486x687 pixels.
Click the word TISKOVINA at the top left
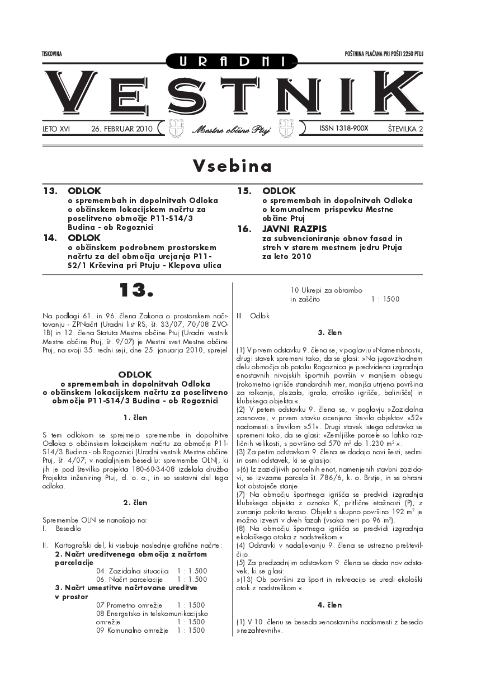click(51, 54)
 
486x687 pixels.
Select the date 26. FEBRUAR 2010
click(121, 129)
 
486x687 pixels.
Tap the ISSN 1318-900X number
click(344, 128)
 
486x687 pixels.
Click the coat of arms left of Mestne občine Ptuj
click(175, 128)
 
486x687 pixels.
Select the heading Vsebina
click(233, 166)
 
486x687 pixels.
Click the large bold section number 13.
click(136, 290)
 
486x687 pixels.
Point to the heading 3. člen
click(329, 332)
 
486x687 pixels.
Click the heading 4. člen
click(329, 605)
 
